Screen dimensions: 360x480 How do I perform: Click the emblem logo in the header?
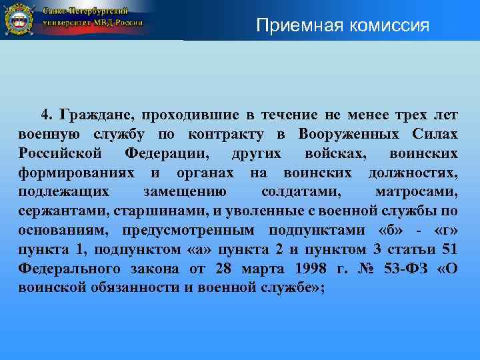click(x=19, y=19)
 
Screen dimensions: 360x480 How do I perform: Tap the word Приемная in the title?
click(x=291, y=26)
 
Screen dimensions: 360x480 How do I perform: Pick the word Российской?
click(x=61, y=155)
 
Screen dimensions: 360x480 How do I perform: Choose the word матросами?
click(x=417, y=193)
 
